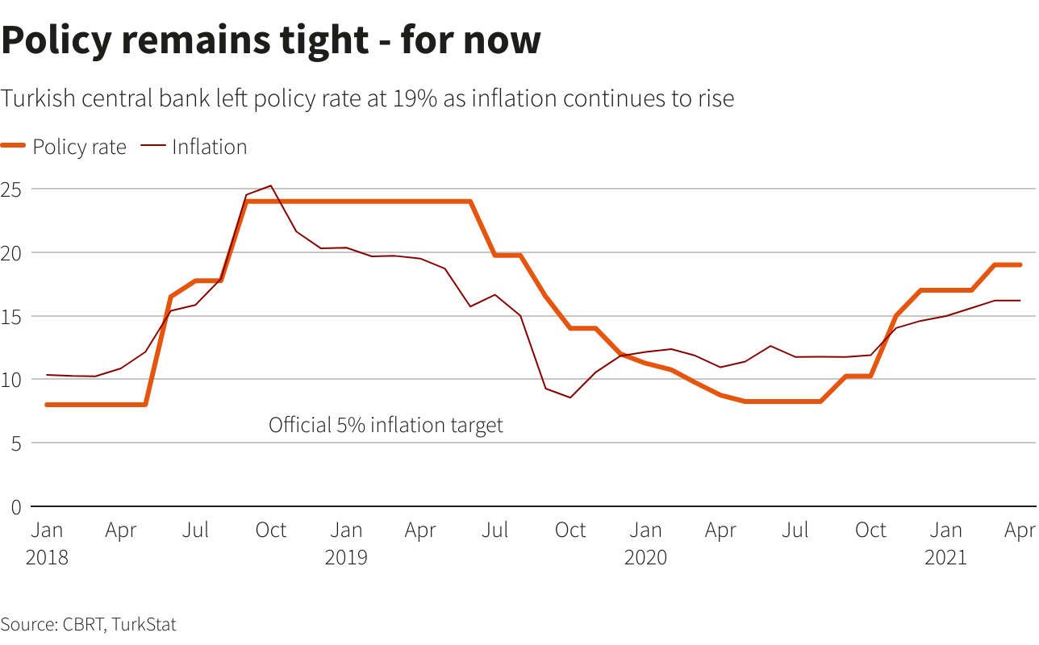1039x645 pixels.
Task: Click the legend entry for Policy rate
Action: click(x=79, y=147)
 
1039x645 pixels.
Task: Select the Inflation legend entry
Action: click(x=209, y=147)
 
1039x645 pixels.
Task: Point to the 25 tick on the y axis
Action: click(x=11, y=189)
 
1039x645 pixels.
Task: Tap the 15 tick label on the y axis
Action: click(x=11, y=316)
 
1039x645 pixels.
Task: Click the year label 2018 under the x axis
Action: click(x=47, y=557)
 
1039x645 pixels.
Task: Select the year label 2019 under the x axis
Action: click(x=346, y=557)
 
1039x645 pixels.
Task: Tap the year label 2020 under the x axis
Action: click(x=645, y=557)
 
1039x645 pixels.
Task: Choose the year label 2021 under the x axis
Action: click(x=945, y=557)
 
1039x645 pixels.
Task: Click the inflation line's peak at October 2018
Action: click(x=270, y=185)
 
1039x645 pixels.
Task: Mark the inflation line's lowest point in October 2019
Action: click(x=570, y=397)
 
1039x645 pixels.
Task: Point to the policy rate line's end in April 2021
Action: click(x=1020, y=264)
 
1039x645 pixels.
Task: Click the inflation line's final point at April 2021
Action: click(x=1020, y=301)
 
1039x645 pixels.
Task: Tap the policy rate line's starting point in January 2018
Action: click(x=47, y=405)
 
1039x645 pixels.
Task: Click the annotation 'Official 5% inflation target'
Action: click(x=386, y=425)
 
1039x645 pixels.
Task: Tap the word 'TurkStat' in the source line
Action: click(x=144, y=623)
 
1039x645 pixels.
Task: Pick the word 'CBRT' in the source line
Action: click(x=81, y=623)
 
